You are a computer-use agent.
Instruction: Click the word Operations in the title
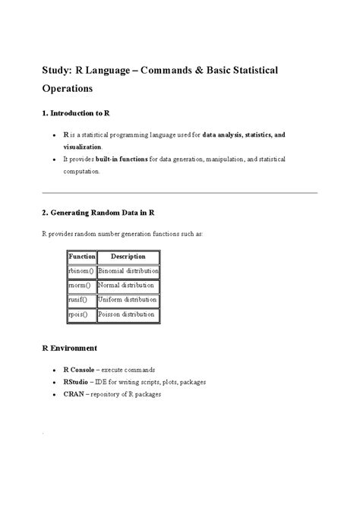click(x=67, y=87)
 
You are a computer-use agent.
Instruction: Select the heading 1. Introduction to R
click(x=75, y=113)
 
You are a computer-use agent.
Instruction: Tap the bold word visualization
click(x=82, y=146)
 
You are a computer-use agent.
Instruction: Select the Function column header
click(x=81, y=257)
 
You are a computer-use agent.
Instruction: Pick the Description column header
click(x=128, y=257)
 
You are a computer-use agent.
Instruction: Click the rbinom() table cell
click(x=81, y=271)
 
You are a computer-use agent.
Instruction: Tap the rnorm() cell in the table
click(x=79, y=286)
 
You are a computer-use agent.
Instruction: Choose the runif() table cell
click(x=78, y=300)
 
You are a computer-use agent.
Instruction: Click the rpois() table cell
click(x=78, y=314)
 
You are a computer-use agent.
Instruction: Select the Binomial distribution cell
click(x=128, y=271)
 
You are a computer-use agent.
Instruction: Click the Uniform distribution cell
click(x=128, y=300)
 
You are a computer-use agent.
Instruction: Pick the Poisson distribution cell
click(x=127, y=314)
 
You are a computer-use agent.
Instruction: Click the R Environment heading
click(x=69, y=348)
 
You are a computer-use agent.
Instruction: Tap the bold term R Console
click(x=78, y=369)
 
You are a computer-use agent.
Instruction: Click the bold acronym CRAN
click(x=74, y=395)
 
